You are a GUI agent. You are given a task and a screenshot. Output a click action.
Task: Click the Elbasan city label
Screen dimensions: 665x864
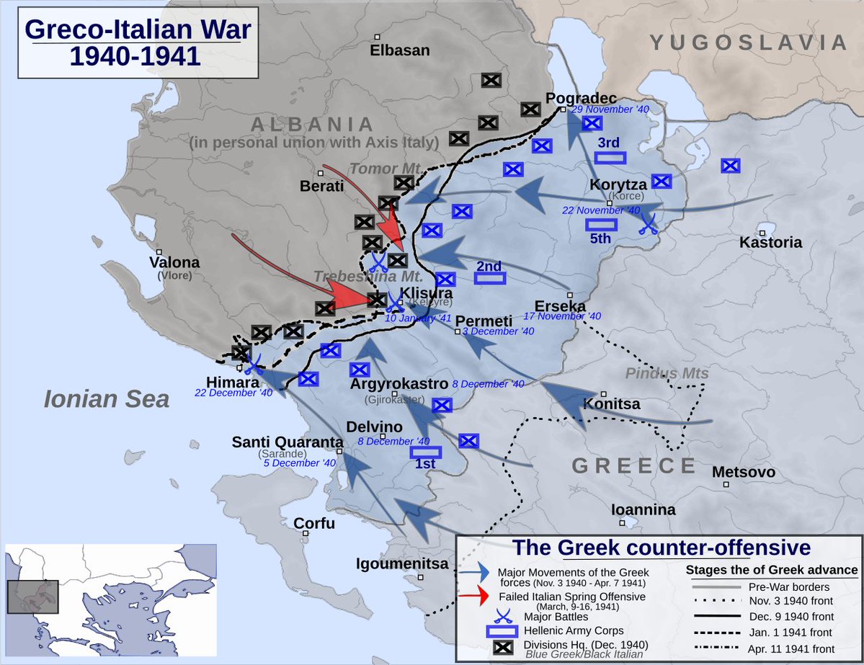[x=399, y=50]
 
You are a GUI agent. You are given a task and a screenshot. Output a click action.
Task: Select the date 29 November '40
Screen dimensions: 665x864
[x=610, y=110]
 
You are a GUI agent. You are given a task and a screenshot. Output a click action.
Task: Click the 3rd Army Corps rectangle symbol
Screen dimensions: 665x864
[x=610, y=158]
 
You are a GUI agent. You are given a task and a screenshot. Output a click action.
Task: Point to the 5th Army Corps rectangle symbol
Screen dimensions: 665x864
[x=600, y=224]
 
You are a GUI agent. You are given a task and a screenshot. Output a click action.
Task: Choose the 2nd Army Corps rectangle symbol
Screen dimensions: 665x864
[x=489, y=278]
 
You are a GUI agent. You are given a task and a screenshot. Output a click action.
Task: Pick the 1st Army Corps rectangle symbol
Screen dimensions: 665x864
[x=425, y=452]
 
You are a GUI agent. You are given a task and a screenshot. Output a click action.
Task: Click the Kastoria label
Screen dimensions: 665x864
[x=770, y=243]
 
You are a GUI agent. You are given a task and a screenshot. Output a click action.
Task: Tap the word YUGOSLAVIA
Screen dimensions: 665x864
[x=749, y=43]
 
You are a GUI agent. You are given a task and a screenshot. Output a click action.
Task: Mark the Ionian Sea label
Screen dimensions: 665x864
[x=106, y=399]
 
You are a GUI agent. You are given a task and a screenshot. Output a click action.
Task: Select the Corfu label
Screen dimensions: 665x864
[x=314, y=524]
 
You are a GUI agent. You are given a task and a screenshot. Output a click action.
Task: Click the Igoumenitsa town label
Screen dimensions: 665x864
[x=402, y=564]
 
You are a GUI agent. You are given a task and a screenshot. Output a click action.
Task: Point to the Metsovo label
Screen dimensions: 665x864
[x=743, y=473]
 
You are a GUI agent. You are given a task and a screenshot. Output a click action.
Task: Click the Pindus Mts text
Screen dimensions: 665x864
[x=667, y=374]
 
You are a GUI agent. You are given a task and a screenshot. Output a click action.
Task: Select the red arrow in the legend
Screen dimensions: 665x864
[x=476, y=597]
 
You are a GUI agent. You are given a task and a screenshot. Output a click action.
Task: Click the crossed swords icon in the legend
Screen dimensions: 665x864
[x=476, y=616]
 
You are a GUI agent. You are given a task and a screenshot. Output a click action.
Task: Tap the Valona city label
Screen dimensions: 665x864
[x=174, y=263]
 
